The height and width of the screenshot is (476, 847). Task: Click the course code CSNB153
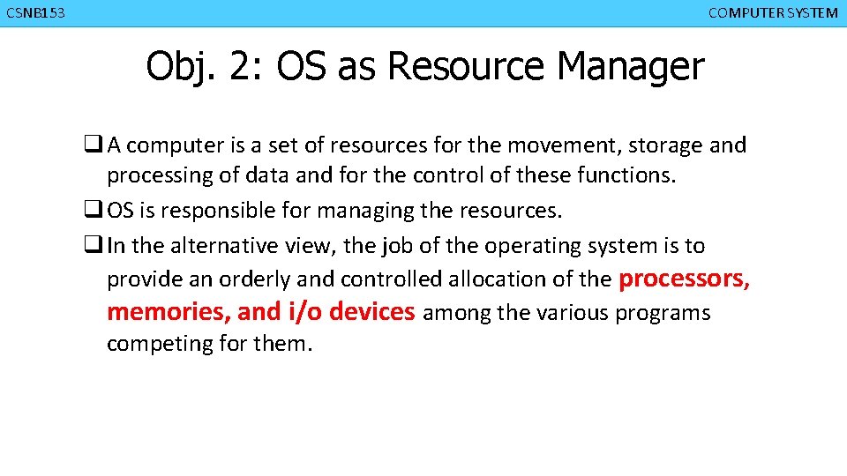click(35, 13)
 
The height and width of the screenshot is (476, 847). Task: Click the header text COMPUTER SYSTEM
click(773, 13)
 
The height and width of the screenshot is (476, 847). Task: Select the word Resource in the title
click(465, 66)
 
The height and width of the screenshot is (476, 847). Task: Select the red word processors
click(684, 279)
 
